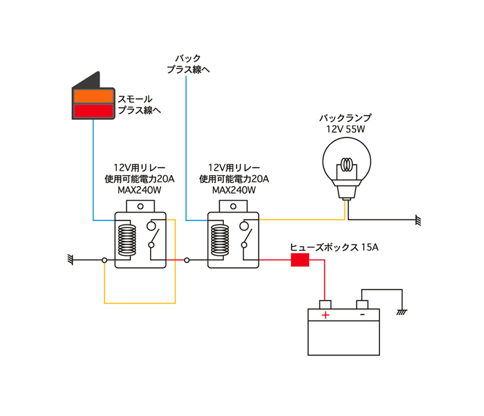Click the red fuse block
click(300, 260)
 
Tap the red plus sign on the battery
click(325, 315)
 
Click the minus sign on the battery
click(362, 314)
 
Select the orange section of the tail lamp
click(93, 96)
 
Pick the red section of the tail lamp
click(93, 111)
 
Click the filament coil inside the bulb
click(347, 164)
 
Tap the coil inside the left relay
click(127, 240)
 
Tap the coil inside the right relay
click(220, 240)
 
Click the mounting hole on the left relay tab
click(140, 206)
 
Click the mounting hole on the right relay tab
click(233, 206)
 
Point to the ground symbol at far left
click(70, 260)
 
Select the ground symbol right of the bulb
click(418, 220)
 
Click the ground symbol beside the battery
click(402, 312)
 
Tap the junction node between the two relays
click(187, 261)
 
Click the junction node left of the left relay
click(105, 261)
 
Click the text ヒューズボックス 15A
click(334, 247)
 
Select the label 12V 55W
click(346, 129)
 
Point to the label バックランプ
click(346, 118)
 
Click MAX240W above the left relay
click(139, 190)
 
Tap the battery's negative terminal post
click(362, 304)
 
